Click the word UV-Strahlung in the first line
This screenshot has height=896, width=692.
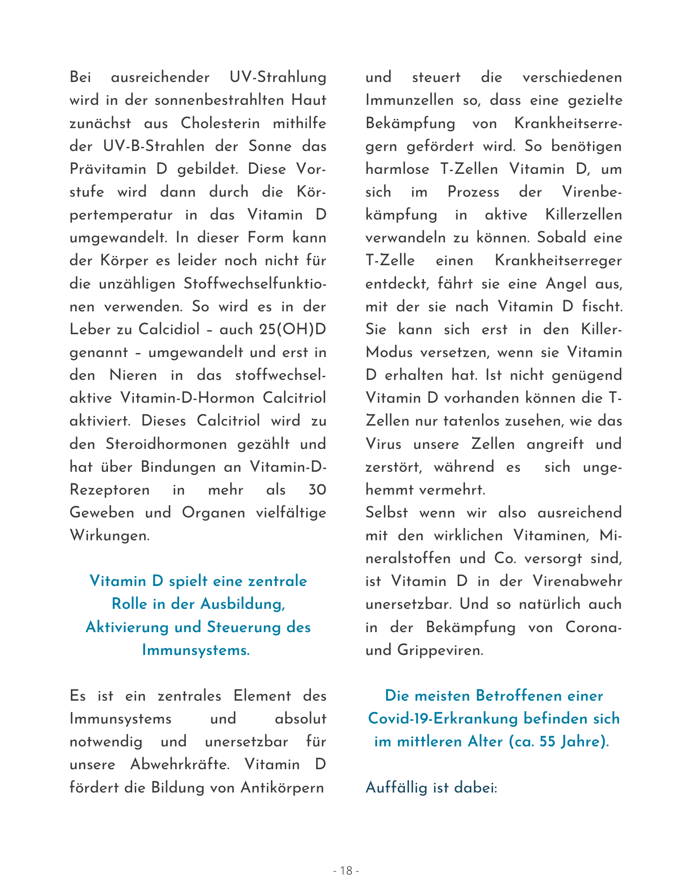(x=278, y=77)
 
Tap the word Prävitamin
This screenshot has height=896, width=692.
(x=108, y=169)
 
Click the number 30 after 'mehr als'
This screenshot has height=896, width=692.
(x=317, y=490)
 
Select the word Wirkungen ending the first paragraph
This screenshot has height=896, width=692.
(x=109, y=535)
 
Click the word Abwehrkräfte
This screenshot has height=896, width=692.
(x=180, y=764)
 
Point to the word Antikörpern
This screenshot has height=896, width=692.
(x=282, y=787)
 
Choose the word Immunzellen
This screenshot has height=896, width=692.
(x=409, y=100)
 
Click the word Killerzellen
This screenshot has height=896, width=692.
(x=584, y=215)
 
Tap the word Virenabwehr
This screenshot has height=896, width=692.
(x=577, y=581)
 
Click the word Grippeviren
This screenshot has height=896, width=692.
(x=440, y=650)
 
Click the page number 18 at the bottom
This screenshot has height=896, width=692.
(x=346, y=870)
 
